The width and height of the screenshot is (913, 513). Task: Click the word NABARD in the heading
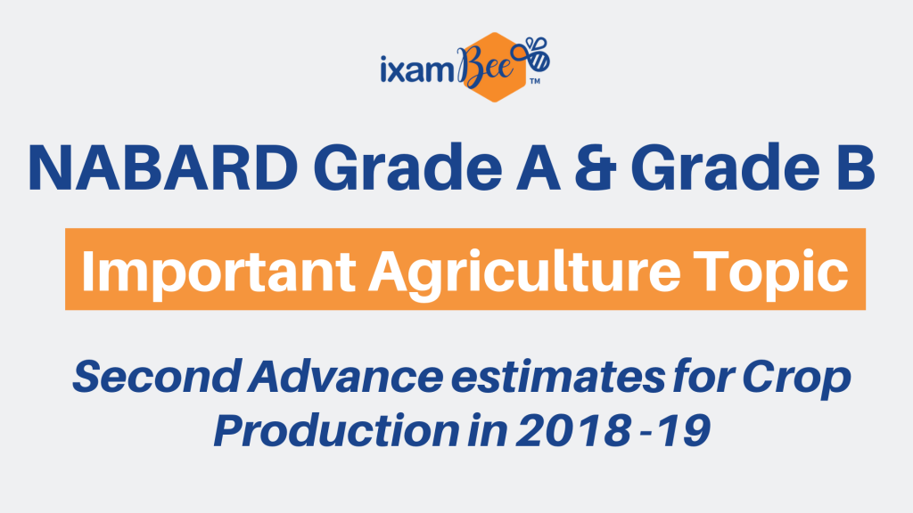163,167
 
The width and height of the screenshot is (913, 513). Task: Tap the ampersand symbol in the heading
595,167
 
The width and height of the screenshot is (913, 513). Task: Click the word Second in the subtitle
157,377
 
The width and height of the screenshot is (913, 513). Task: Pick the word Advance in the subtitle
345,377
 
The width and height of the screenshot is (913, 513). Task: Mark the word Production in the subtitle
337,430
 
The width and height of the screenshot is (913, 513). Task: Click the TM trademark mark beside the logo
535,81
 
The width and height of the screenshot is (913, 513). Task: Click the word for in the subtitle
703,377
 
